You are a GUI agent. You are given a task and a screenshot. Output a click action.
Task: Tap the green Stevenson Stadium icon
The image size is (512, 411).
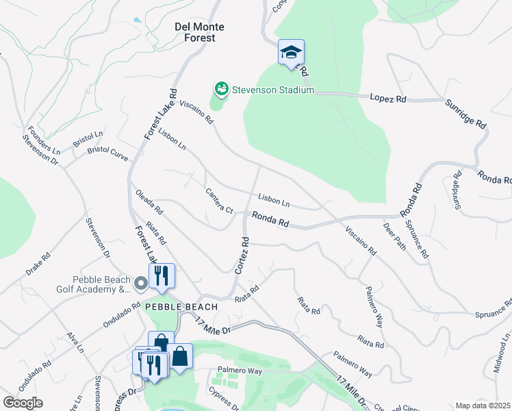coord(221,88)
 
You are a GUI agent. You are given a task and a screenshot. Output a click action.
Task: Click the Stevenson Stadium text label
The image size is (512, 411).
coord(272,90)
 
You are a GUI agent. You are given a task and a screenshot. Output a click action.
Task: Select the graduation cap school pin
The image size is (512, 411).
coord(291,53)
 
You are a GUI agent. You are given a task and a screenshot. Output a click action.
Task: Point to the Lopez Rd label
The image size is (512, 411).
coord(388,99)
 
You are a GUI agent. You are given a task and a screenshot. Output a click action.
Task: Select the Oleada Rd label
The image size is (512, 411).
coord(149,201)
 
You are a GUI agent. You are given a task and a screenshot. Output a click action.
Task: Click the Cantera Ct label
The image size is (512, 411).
coord(220,200)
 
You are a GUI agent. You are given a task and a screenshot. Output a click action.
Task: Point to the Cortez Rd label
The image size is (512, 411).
coord(241,256)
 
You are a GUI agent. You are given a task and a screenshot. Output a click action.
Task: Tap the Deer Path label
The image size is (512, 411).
coord(395,236)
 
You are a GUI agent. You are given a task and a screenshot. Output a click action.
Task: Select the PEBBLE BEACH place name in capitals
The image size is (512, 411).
coord(180,307)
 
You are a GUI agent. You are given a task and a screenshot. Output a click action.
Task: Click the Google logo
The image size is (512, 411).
coord(23,403)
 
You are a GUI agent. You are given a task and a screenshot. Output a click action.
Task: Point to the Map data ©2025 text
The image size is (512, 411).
coord(483,406)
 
